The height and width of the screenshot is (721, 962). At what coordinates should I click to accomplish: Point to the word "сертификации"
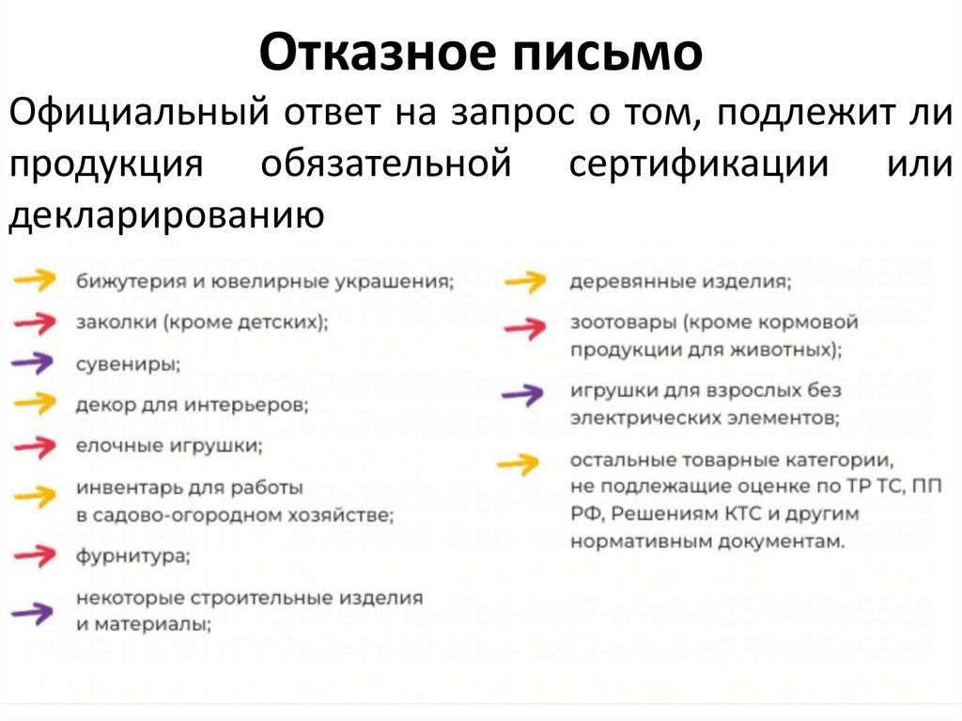(698, 165)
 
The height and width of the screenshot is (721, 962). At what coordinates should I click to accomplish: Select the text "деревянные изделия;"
(679, 280)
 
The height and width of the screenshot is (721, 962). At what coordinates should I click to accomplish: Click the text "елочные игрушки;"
(169, 445)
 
